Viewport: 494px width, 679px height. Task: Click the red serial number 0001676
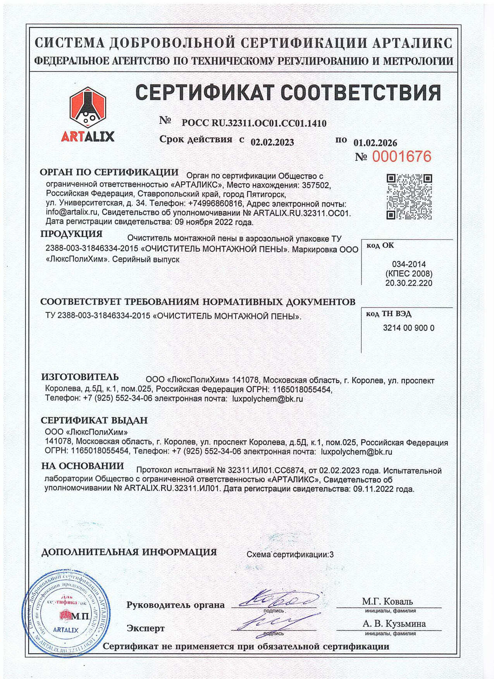[401, 156]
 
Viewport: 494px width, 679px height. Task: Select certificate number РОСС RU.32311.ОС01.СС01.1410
[254, 123]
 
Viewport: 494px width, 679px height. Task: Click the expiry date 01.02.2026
[375, 143]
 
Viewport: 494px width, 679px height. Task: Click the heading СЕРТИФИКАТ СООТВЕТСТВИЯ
[288, 92]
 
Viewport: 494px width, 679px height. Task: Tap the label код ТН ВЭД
[388, 314]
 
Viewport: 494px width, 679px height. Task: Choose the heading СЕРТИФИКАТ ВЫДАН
[94, 420]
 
